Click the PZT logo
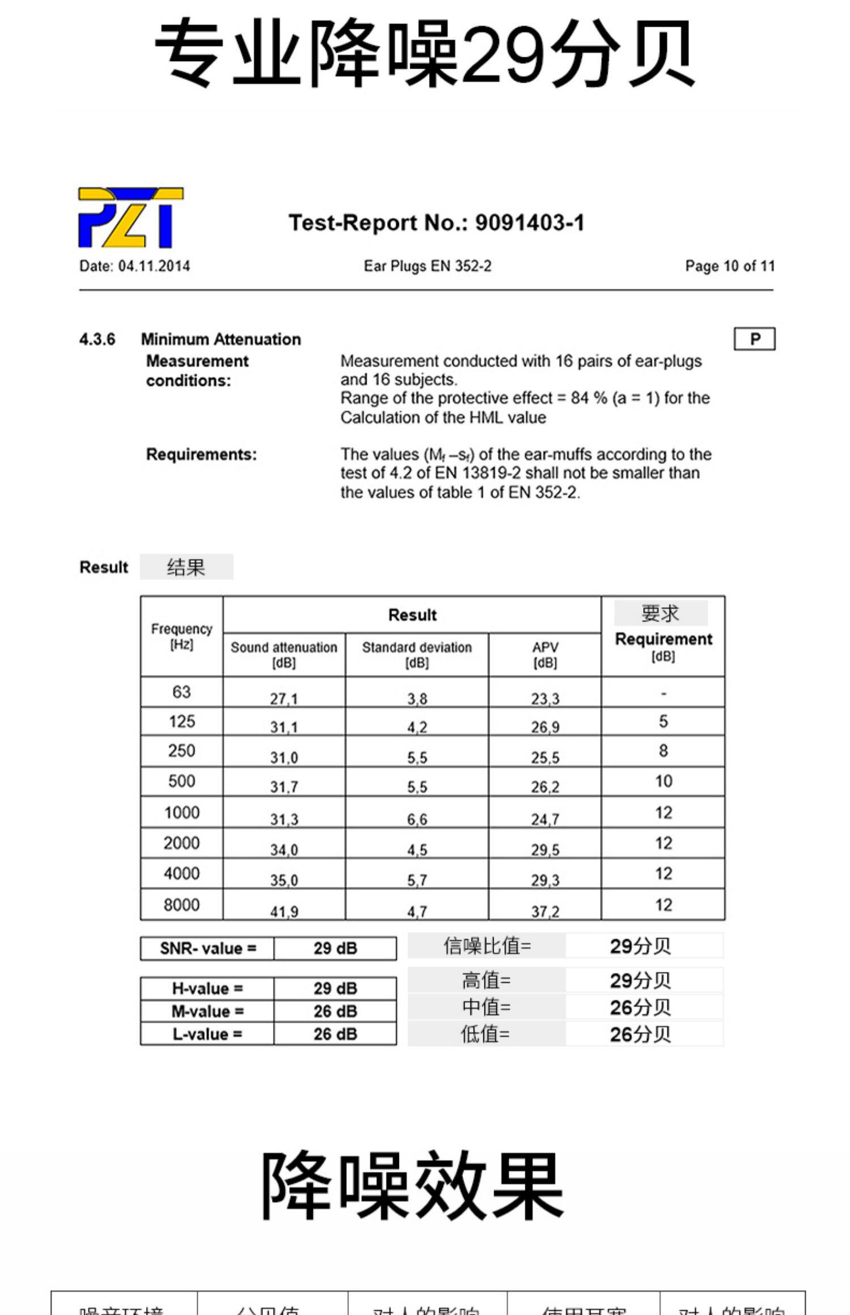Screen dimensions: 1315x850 coord(131,217)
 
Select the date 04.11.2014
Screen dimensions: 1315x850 coord(154,266)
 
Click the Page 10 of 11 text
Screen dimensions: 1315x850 coord(729,266)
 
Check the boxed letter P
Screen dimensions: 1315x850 coord(754,339)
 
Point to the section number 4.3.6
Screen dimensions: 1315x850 coord(97,339)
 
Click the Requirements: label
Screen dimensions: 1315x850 coord(201,454)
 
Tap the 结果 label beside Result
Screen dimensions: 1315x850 coord(186,567)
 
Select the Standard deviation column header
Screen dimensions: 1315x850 coord(416,654)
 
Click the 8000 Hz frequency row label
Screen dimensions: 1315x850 coord(181,904)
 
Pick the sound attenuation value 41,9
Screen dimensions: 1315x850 coord(284,911)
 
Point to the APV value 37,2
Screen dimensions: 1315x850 coord(545,911)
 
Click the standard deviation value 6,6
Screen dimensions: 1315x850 coord(416,818)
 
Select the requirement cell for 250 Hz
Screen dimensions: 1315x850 coord(663,751)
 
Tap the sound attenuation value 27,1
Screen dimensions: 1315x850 coord(284,698)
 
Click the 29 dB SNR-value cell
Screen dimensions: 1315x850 coord(335,948)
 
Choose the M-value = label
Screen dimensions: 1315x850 coord(207,1011)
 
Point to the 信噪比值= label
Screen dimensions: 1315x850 coord(487,946)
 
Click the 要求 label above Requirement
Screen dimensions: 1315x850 coord(660,613)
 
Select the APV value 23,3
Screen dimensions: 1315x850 coord(545,698)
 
